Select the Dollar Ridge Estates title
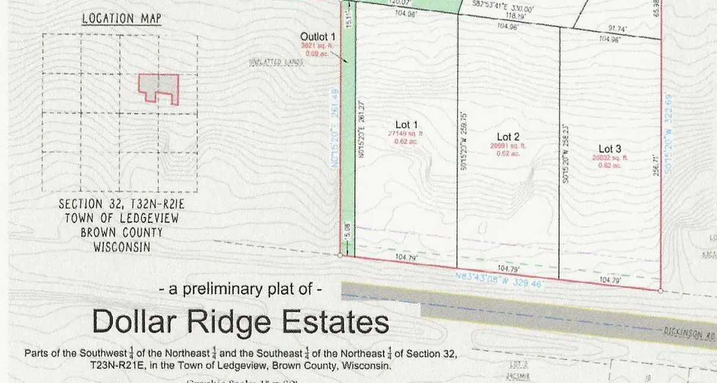[240, 322]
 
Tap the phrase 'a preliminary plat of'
[241, 290]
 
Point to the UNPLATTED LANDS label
[277, 62]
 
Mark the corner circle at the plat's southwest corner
[340, 255]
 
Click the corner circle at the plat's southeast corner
[660, 291]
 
